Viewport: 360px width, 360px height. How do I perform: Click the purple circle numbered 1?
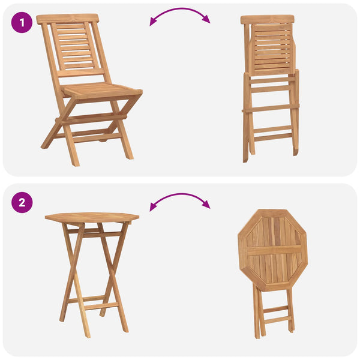click(22, 23)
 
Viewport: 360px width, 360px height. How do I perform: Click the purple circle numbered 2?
click(22, 203)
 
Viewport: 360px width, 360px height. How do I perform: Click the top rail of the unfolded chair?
click(67, 19)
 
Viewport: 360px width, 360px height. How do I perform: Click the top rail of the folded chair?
click(268, 20)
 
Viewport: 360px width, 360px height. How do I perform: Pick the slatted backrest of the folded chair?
click(272, 49)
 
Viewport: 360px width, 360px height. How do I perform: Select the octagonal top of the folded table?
click(272, 250)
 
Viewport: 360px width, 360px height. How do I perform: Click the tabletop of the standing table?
click(92, 217)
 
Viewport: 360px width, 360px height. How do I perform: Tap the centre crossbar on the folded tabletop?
click(274, 250)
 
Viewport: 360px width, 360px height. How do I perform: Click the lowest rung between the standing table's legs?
click(101, 306)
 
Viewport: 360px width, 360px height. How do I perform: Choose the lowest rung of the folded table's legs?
click(278, 319)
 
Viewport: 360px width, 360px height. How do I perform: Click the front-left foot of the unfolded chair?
click(76, 163)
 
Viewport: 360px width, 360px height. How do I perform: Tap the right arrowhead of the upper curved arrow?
click(206, 19)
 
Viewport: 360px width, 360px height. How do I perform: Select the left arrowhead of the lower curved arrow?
click(153, 207)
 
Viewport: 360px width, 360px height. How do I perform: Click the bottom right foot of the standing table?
click(125, 329)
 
